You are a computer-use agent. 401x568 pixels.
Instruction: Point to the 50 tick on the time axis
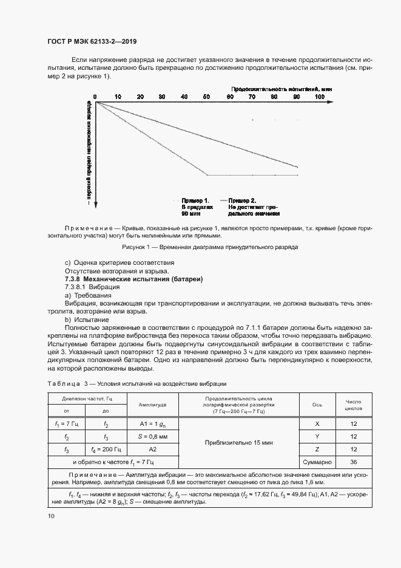click(206, 97)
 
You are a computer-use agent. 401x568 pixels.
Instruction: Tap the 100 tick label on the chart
click(320, 97)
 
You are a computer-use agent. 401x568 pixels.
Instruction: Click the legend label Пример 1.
click(195, 200)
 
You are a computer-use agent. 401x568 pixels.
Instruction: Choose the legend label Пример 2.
click(242, 200)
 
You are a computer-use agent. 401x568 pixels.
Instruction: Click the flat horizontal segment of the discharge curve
click(252, 175)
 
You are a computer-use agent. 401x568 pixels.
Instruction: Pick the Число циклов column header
click(353, 405)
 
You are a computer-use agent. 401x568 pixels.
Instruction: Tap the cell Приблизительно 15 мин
click(239, 443)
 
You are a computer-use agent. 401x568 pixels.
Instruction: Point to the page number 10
click(50, 516)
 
